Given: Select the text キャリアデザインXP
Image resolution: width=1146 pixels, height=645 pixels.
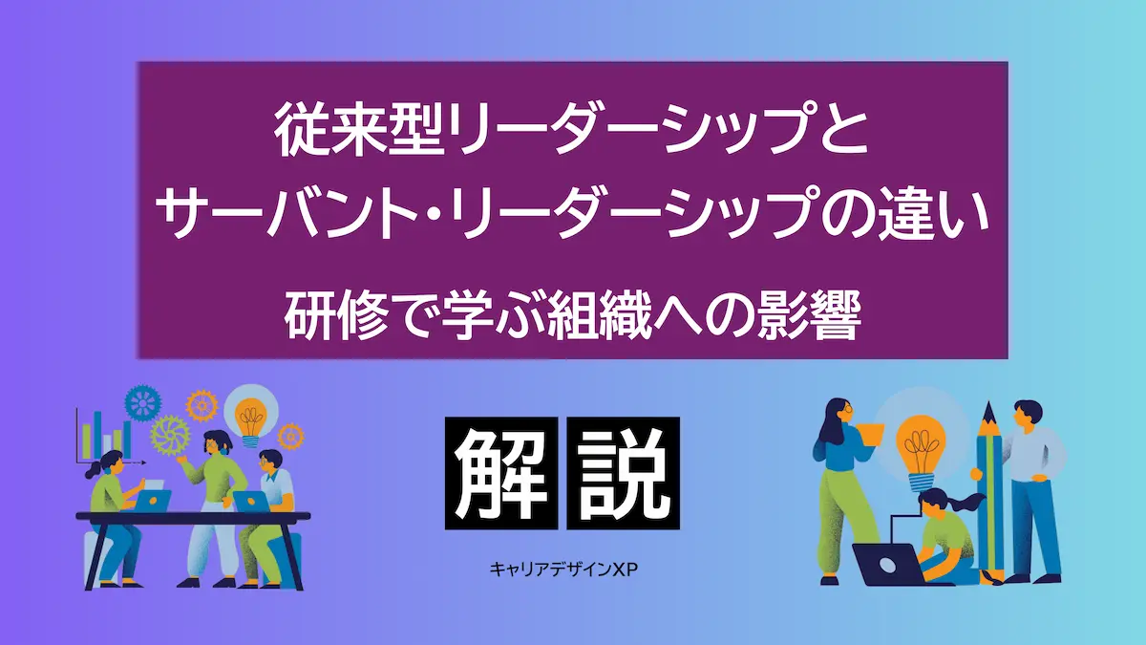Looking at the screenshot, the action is [x=563, y=570].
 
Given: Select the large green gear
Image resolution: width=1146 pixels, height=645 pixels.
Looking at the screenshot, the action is [x=170, y=435].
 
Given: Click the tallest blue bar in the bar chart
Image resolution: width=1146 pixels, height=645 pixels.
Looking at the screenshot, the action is [x=96, y=436].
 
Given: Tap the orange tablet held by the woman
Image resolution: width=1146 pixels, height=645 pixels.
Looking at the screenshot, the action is [x=871, y=434].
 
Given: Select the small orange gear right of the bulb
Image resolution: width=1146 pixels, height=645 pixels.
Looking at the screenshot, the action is [x=290, y=436].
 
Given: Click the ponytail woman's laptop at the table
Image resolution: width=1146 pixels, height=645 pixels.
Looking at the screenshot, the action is [x=154, y=500].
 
